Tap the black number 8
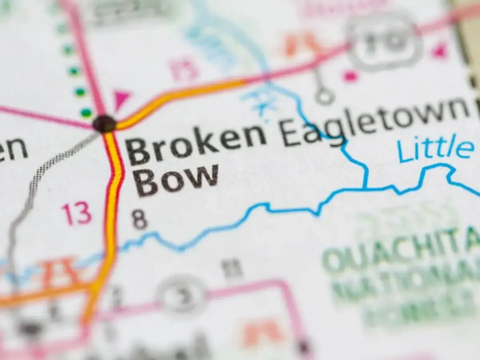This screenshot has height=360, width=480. tap(140, 220)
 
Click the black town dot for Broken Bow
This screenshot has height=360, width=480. tap(104, 123)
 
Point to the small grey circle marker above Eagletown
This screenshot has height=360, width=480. tap(324, 96)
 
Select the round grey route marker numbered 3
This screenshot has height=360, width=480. tap(182, 296)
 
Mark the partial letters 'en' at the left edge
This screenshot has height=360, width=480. tap(12, 149)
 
